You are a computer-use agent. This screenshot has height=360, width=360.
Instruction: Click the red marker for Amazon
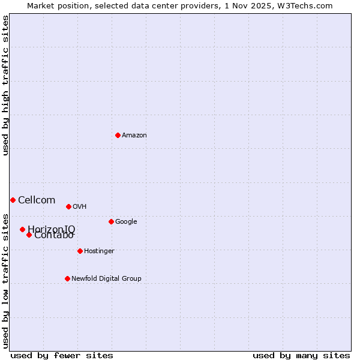(x=118, y=135)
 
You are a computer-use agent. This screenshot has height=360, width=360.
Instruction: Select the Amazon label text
(x=134, y=136)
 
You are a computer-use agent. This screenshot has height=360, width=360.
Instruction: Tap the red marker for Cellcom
(x=13, y=200)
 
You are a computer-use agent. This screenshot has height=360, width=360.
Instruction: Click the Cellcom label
(x=37, y=200)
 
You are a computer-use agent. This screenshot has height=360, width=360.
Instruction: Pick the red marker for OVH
(x=68, y=206)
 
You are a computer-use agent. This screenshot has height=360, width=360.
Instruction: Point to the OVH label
(x=80, y=207)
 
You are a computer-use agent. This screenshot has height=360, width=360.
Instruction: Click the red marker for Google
(x=111, y=221)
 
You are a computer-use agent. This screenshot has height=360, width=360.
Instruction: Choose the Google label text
(x=126, y=222)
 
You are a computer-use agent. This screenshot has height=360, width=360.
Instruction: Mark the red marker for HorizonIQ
(x=22, y=229)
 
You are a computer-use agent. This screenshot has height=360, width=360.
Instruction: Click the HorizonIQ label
(x=52, y=229)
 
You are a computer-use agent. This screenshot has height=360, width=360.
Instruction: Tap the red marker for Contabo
(x=29, y=235)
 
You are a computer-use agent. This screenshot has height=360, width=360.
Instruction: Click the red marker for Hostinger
(x=80, y=251)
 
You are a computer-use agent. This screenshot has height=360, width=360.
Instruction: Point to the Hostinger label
(x=99, y=251)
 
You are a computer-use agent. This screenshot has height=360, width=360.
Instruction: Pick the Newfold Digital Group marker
(x=67, y=278)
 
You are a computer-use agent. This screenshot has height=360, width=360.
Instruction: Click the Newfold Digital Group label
(x=106, y=279)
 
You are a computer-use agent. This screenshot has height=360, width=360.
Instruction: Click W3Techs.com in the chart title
(x=308, y=5)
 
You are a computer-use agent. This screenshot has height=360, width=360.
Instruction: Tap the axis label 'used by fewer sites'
(x=62, y=355)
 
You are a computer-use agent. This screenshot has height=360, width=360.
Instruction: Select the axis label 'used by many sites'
(x=301, y=355)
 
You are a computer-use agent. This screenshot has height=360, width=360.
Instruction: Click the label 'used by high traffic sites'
(x=5, y=85)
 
